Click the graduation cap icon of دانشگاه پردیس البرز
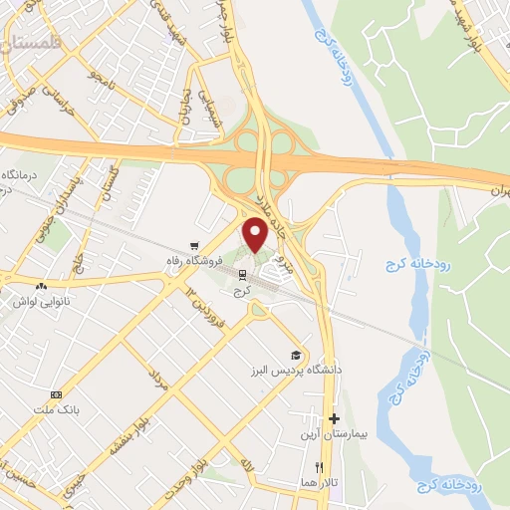pyautogui.click(x=295, y=355)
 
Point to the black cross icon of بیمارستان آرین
pyautogui.click(x=334, y=419)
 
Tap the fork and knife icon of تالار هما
pyautogui.click(x=319, y=467)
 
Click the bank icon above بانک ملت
pyautogui.click(x=56, y=395)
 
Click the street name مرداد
pyautogui.click(x=154, y=376)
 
